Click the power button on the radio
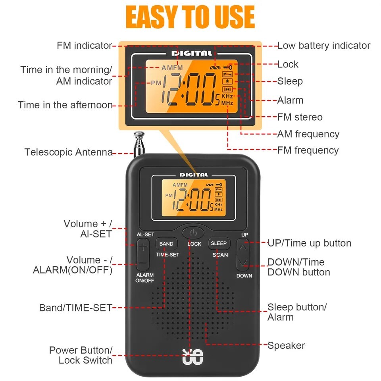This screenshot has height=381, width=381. (193, 232)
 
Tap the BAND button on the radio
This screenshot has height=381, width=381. (166, 244)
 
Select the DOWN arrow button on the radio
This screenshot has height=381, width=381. (244, 262)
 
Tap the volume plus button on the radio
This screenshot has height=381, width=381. (143, 247)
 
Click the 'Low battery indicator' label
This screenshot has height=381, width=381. (323, 46)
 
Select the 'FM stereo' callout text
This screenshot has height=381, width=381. (300, 117)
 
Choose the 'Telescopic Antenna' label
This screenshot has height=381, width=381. (68, 152)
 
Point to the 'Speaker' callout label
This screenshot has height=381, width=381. (286, 345)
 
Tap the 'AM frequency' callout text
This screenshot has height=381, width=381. (308, 134)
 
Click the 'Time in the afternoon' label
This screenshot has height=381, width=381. (65, 105)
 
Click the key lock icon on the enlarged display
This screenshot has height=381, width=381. (228, 67)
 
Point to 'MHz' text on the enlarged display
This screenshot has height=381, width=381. (227, 102)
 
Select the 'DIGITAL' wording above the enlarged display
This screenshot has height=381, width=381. (191, 53)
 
